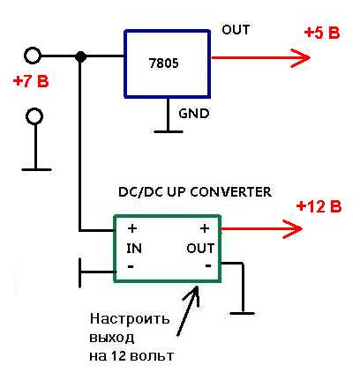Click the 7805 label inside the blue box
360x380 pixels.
pos(164,63)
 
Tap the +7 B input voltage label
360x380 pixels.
pos(31,81)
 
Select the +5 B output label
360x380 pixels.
pos(322,33)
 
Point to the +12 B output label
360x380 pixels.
pos(319,206)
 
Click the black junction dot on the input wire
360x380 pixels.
pos(80,56)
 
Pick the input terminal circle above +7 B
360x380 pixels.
pos(33,56)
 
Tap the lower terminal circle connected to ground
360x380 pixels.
pos(34,116)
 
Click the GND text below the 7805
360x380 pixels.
pos(194,113)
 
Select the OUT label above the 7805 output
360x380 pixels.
pos(236,30)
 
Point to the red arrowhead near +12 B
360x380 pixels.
pos(293,228)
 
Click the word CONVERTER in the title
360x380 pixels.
pos(231,192)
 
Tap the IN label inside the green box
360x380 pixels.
pos(134,249)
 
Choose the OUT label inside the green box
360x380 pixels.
pos(200,249)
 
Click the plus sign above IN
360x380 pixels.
pos(132,228)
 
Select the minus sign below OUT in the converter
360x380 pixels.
pos(208,266)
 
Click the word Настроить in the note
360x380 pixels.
pos(130,318)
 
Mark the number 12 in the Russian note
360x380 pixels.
pos(118,356)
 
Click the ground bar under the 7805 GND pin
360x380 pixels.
pos(169,131)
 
